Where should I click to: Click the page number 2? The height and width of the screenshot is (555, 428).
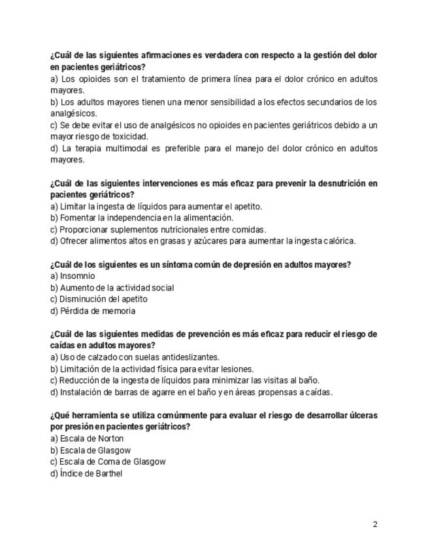point(375,524)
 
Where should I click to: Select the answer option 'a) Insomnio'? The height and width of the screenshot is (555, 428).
point(73,276)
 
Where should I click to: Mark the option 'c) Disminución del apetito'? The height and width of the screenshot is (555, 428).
point(99,300)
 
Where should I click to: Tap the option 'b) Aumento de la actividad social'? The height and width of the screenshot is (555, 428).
point(112,288)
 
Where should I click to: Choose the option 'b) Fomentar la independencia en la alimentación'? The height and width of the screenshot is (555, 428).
point(142,218)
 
